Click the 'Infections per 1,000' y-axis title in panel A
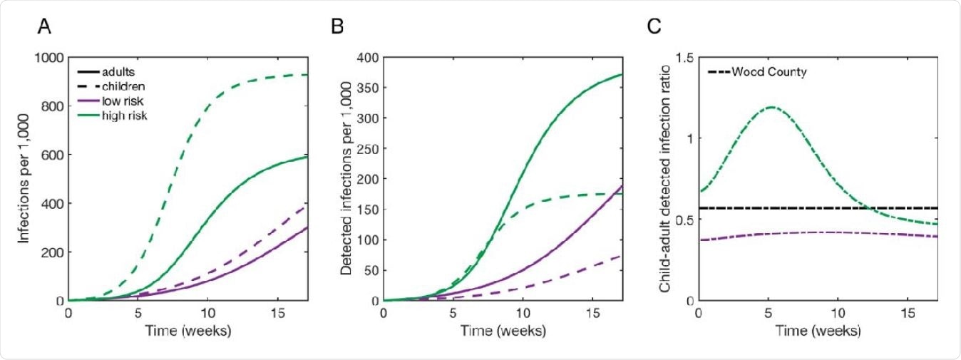[x=24, y=179]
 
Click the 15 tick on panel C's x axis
[x=908, y=314]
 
